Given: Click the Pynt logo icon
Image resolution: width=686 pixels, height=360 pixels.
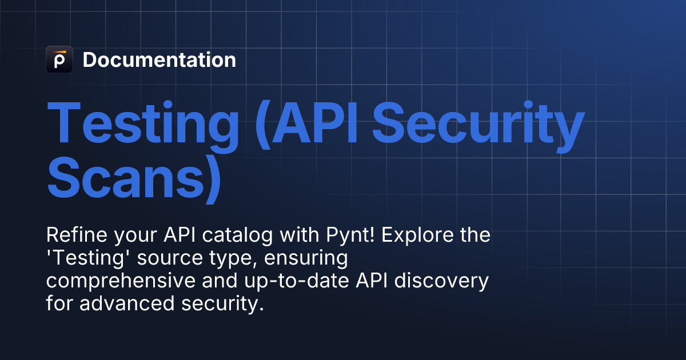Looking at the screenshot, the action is coord(59,59).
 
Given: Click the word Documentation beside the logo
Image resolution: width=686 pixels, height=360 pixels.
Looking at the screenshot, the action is coord(159,59).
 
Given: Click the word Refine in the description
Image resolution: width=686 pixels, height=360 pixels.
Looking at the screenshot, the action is coord(77,235).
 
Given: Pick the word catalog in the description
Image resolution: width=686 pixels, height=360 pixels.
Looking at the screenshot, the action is coord(237,235).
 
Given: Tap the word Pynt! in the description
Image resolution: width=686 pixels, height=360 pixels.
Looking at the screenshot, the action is coord(350,235).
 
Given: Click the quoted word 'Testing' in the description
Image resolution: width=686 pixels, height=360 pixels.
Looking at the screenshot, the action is coord(85,258).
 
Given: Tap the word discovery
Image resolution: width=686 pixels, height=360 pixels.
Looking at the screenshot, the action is coord(441,281).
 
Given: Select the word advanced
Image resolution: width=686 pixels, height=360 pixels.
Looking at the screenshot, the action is coord(127,303).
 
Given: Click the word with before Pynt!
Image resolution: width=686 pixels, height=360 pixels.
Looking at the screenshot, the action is coord(300,235).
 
